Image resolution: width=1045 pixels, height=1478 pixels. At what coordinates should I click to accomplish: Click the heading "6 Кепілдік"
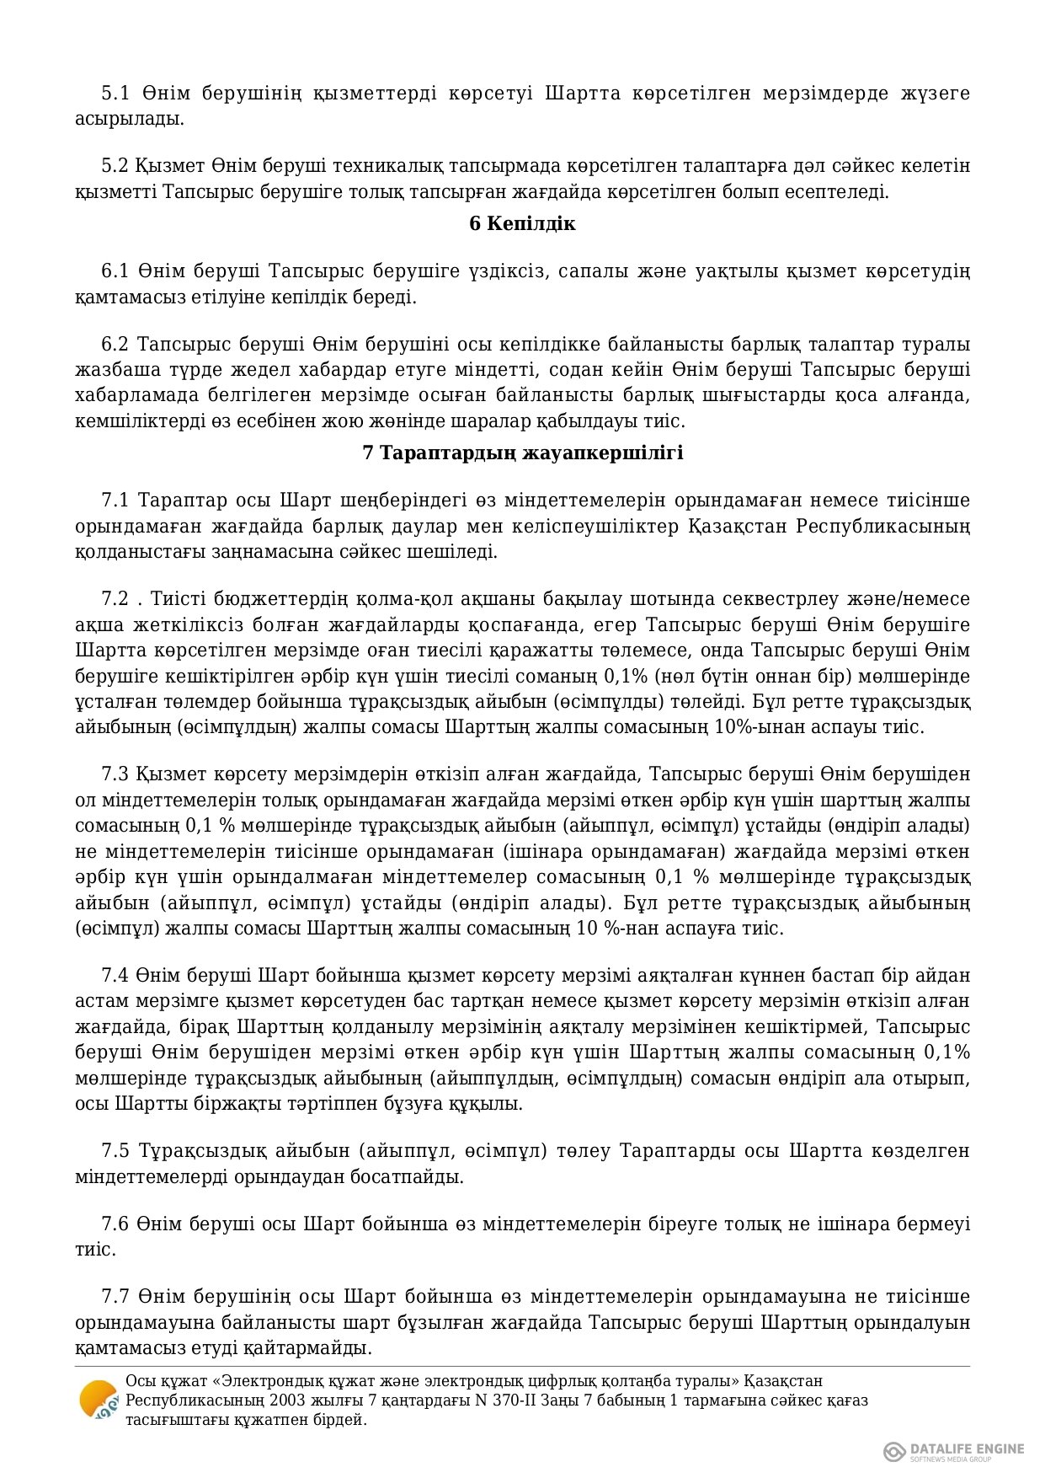pyautogui.click(x=522, y=223)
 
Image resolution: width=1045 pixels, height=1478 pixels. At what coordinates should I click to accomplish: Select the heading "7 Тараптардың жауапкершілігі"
pyautogui.click(x=522, y=453)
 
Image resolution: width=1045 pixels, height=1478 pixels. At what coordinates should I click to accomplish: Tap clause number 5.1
pyautogui.click(x=115, y=93)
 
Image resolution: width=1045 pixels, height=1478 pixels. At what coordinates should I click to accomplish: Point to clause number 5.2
pyautogui.click(x=115, y=165)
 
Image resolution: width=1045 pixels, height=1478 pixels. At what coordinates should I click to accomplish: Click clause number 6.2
pyautogui.click(x=115, y=344)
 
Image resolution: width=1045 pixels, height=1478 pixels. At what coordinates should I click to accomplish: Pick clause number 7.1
pyautogui.click(x=115, y=501)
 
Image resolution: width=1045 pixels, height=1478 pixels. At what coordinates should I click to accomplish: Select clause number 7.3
pyautogui.click(x=115, y=774)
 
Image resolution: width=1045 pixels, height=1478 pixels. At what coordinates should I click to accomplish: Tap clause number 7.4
pyautogui.click(x=115, y=975)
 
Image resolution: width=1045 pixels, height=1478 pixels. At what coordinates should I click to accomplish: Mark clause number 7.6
pyautogui.click(x=115, y=1224)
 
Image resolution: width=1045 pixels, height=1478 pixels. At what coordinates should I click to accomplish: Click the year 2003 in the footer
pyautogui.click(x=266, y=1400)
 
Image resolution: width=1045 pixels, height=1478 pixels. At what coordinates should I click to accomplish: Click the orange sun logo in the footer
pyautogui.click(x=98, y=1400)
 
